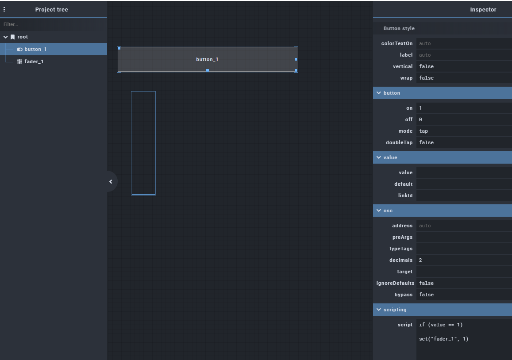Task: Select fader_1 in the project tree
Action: click(x=34, y=61)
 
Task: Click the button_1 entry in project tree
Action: click(x=35, y=49)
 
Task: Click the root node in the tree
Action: click(x=23, y=37)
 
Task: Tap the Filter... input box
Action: click(x=53, y=25)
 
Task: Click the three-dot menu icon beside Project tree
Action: click(x=4, y=9)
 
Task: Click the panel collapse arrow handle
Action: click(x=111, y=181)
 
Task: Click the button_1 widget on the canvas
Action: click(x=207, y=59)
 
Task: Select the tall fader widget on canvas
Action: click(x=143, y=143)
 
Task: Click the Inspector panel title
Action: click(x=483, y=10)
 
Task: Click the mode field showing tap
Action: click(x=463, y=131)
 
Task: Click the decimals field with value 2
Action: click(x=463, y=260)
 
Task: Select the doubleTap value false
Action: click(x=463, y=142)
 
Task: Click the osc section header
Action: click(x=443, y=211)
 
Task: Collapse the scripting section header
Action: click(x=443, y=310)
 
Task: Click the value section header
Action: click(x=443, y=157)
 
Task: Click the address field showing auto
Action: click(x=463, y=226)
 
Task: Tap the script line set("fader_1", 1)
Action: click(x=443, y=339)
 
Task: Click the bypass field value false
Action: click(x=463, y=295)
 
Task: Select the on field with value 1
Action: click(x=463, y=108)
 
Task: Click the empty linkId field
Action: click(x=463, y=195)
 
